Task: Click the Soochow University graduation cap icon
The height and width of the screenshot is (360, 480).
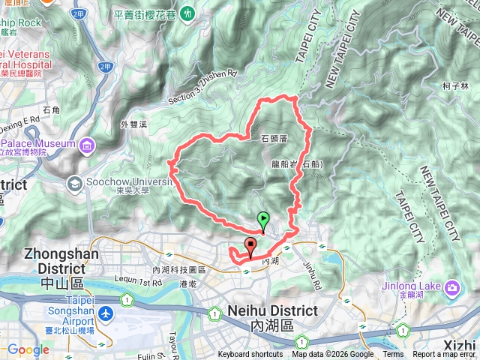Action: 75,183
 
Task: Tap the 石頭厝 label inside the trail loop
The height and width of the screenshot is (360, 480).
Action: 274,139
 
